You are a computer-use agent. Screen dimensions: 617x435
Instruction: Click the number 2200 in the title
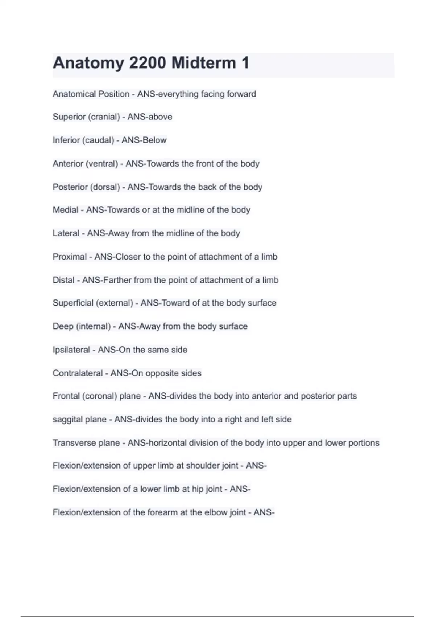click(148, 63)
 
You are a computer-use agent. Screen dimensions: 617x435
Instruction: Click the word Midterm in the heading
click(204, 63)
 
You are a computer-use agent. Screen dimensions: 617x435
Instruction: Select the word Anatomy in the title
click(88, 63)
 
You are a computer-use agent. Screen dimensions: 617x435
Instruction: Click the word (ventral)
click(102, 164)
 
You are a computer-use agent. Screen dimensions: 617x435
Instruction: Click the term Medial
click(66, 210)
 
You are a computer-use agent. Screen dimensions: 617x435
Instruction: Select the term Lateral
click(66, 233)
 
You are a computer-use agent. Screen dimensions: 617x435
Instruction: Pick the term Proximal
click(70, 257)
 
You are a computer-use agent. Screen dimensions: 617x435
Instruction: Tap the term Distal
click(63, 280)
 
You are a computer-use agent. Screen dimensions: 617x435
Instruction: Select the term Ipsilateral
click(71, 350)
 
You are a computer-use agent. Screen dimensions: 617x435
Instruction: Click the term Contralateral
click(78, 373)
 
